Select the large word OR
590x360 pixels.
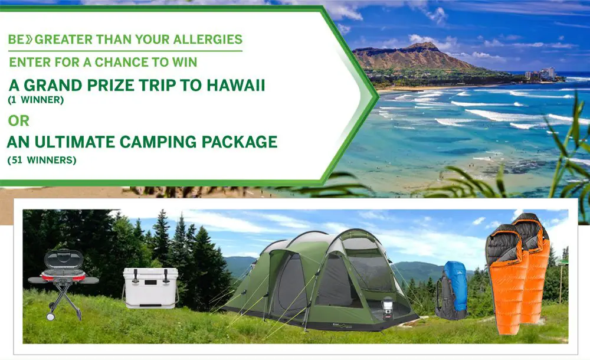pyautogui.click(x=18, y=120)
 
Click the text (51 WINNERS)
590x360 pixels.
pyautogui.click(x=41, y=160)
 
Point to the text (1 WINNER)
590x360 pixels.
pyautogui.click(x=35, y=100)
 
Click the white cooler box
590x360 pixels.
pyautogui.click(x=150, y=287)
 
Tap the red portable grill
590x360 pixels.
pyautogui.click(x=63, y=271)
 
